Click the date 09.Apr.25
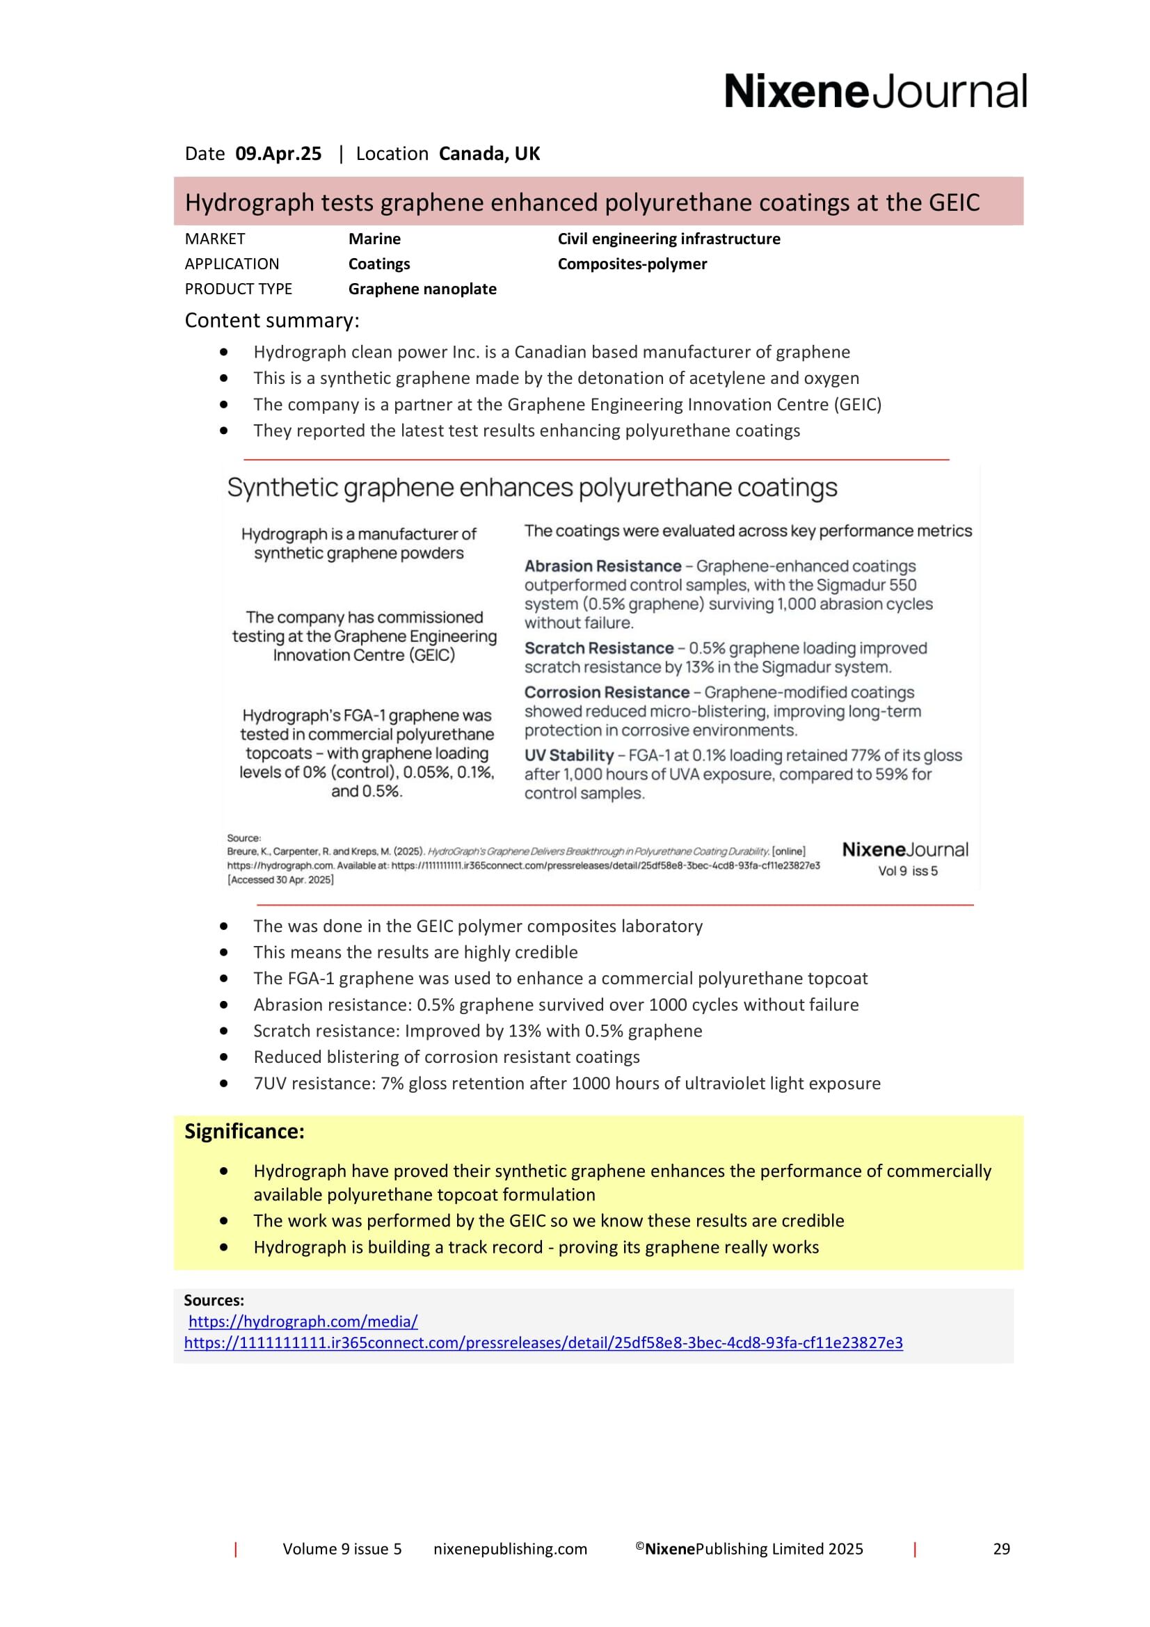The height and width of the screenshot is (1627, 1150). point(278,154)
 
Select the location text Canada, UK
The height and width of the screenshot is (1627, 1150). point(489,154)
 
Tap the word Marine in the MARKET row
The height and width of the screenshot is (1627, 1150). point(374,239)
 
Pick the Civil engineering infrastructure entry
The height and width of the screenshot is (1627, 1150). point(668,239)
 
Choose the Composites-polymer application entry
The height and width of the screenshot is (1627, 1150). point(632,264)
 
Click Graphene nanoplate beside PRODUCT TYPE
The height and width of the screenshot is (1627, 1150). point(422,289)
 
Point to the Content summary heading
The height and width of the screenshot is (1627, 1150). point(271,320)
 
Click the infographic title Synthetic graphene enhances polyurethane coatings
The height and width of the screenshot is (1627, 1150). point(532,488)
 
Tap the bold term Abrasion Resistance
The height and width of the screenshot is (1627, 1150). point(602,566)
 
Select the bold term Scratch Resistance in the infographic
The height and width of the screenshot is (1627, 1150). point(599,648)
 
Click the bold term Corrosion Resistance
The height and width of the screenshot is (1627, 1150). point(607,692)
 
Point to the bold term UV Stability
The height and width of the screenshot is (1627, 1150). point(568,755)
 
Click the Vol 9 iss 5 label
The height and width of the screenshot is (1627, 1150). point(907,871)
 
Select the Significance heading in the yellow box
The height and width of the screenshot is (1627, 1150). point(244,1132)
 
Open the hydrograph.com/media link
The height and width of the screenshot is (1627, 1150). point(303,1322)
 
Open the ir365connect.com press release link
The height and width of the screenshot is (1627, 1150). point(543,1343)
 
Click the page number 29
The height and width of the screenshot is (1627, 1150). point(1000,1549)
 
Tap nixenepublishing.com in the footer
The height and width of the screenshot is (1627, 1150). point(510,1549)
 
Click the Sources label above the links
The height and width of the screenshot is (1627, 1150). point(214,1300)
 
